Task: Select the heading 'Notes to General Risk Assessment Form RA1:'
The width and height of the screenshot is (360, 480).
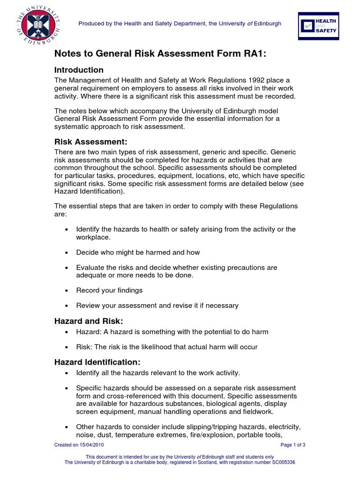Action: pos(160,54)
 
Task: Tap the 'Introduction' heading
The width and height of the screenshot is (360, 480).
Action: pos(79,70)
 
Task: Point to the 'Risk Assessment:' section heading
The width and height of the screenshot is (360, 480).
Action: pos(90,142)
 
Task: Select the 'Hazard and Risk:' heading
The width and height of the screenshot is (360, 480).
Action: pos(89,321)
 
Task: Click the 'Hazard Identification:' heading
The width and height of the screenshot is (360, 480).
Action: pos(97,362)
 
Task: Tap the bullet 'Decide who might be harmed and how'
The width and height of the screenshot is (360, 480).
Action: pos(138,252)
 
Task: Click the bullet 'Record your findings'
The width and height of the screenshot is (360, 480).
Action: pos(109,290)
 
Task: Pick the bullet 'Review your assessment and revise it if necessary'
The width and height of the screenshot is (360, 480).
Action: pos(157,306)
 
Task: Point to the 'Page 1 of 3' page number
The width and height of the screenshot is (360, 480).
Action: pos(292,445)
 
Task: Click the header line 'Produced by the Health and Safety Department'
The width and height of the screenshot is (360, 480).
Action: pos(180,23)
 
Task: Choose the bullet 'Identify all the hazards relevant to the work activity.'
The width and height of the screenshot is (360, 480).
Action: pos(158,373)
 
